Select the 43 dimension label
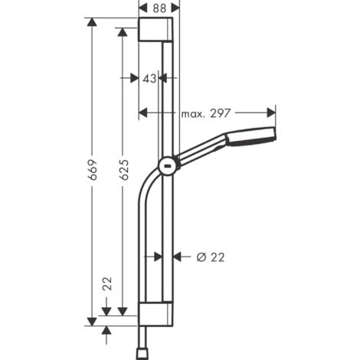click(x=149, y=78)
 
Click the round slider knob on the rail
click(x=166, y=165)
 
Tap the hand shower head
click(x=248, y=136)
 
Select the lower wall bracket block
click(x=158, y=313)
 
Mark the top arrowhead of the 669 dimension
click(x=93, y=24)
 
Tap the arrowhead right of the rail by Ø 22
click(x=178, y=257)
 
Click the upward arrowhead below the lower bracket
click(x=106, y=330)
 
